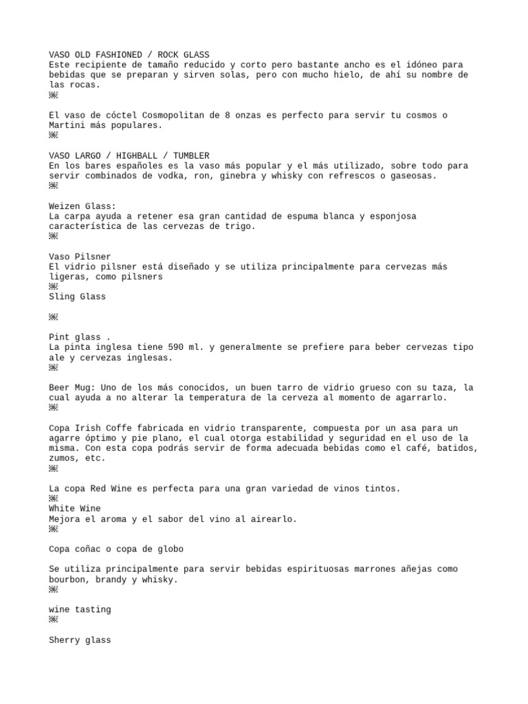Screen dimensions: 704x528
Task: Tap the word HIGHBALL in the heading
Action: (x=137, y=155)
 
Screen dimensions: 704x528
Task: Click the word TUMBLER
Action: (x=191, y=155)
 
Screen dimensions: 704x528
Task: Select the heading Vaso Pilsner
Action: (x=80, y=256)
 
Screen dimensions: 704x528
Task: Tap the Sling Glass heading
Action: (x=77, y=296)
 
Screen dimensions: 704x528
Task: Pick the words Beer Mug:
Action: (x=72, y=387)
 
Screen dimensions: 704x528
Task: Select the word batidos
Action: (x=452, y=448)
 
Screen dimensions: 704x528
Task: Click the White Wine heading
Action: (x=74, y=508)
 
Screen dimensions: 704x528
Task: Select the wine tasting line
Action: (x=80, y=609)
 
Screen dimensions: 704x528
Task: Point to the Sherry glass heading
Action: (x=80, y=639)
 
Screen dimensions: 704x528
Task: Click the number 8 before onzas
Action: (x=228, y=115)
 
